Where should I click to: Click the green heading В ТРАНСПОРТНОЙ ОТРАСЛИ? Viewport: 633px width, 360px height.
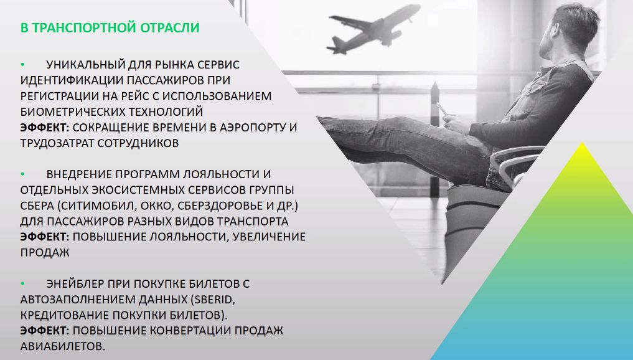[110, 28]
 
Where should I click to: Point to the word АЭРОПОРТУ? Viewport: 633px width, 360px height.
[253, 127]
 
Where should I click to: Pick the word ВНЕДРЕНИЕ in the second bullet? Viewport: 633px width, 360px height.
[79, 174]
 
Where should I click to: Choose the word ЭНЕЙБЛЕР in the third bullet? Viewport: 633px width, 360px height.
[75, 283]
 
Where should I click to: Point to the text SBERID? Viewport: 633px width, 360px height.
[212, 300]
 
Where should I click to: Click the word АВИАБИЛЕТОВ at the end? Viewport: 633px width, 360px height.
[63, 346]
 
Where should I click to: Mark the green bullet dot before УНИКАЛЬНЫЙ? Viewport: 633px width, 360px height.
[23, 65]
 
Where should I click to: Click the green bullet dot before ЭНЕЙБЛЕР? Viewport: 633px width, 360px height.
[23, 283]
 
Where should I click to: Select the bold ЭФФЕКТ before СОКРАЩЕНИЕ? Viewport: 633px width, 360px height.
[45, 127]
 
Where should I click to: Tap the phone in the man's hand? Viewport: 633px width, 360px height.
[443, 109]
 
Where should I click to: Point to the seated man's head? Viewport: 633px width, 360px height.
[569, 32]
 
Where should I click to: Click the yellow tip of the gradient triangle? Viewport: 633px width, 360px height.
[582, 143]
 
